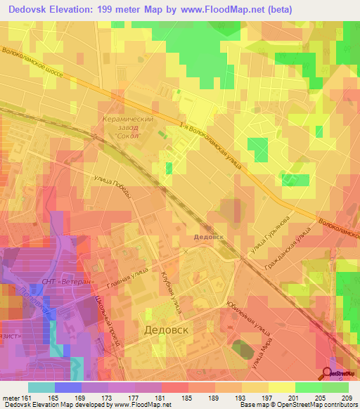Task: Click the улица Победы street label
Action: tap(112, 186)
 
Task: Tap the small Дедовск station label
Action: tap(209, 237)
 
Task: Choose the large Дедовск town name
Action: tap(167, 330)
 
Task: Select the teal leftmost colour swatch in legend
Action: tap(41, 387)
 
